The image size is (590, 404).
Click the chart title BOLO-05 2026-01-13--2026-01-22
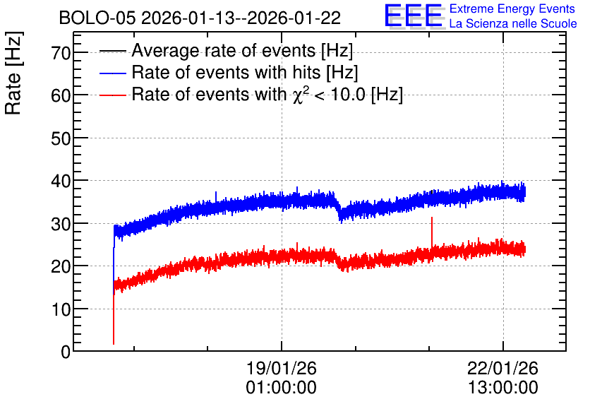[x=200, y=18]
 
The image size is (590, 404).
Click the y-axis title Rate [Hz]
[x=13, y=73]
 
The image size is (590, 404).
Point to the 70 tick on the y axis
[x=61, y=53]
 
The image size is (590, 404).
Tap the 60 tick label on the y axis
[x=61, y=95]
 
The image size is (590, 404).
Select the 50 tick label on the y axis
[x=61, y=138]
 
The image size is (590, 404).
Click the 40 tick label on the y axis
[x=61, y=181]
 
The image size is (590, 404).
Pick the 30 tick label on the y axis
[x=61, y=224]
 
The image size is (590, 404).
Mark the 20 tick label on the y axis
[x=61, y=266]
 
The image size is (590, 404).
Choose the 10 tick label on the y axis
[x=61, y=309]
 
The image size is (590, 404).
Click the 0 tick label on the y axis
[x=66, y=352]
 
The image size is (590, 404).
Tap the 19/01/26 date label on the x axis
[x=282, y=368]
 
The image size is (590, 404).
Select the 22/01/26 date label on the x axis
[x=502, y=368]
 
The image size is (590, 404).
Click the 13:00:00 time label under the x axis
[x=502, y=387]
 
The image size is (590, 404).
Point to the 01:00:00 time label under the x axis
[x=282, y=387]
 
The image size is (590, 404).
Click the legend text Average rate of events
[x=224, y=50]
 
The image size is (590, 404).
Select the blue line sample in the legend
[x=112, y=73]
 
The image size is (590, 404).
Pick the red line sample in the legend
[x=112, y=95]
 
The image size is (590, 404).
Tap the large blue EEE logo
[x=414, y=16]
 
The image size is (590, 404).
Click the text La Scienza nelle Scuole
[x=513, y=23]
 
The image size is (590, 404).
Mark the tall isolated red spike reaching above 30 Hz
[x=432, y=232]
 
